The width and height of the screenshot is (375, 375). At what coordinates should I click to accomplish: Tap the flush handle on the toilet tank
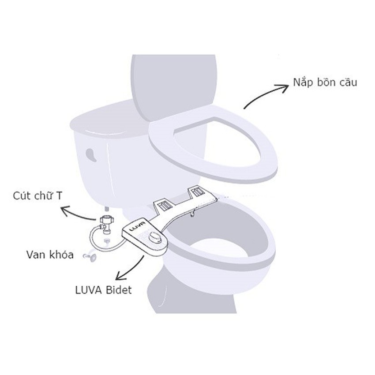pyautogui.click(x=91, y=154)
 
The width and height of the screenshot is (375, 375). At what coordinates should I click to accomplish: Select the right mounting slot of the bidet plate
pyautogui.click(x=196, y=191)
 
